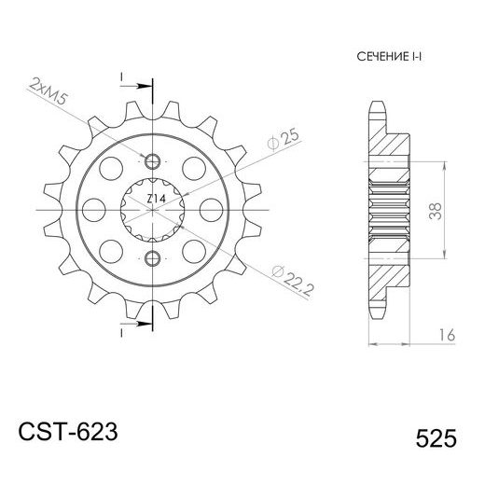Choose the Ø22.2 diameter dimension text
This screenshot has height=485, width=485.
pyautogui.click(x=285, y=277)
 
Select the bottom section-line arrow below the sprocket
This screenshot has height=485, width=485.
pyautogui.click(x=139, y=326)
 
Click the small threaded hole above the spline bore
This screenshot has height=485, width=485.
pyautogui.click(x=149, y=156)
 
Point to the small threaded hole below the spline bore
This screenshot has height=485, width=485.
pyautogui.click(x=149, y=256)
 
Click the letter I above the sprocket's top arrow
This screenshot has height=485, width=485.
pyautogui.click(x=120, y=75)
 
